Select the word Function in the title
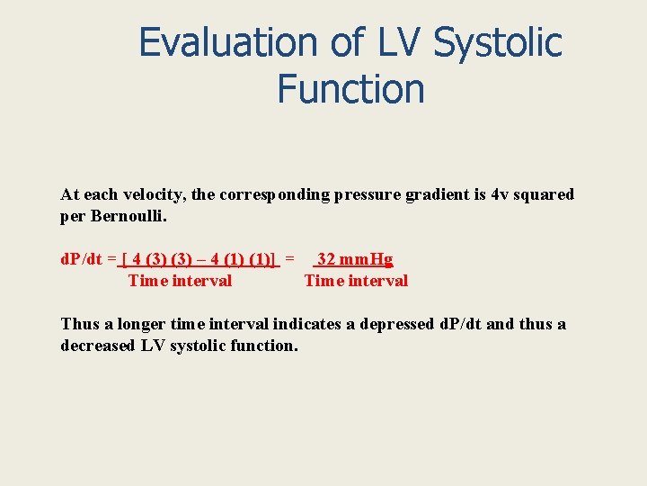click(350, 89)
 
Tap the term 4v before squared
click(500, 194)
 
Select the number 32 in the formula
click(327, 259)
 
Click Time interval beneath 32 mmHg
click(356, 281)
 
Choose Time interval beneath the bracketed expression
click(180, 281)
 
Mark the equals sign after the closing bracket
click(289, 259)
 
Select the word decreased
click(96, 346)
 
